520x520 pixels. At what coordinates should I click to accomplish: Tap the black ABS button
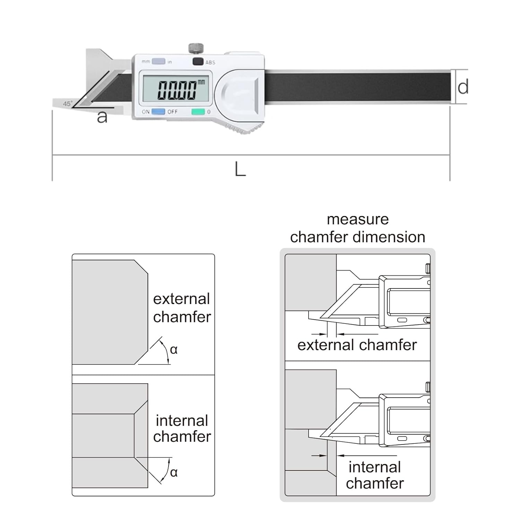point(198,62)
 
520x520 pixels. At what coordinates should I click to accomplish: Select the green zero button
point(198,112)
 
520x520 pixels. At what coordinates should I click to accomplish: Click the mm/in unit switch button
point(159,61)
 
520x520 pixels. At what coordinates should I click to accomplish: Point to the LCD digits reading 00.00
point(177,90)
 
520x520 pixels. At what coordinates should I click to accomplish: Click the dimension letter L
point(240,170)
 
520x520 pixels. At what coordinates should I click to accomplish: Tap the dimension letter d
point(463,87)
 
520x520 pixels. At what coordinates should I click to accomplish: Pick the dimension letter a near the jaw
point(102,117)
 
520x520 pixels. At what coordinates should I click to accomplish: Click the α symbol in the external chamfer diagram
point(174,349)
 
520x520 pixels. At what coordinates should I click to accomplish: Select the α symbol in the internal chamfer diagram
point(174,472)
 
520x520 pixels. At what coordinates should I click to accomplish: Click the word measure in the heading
point(357,219)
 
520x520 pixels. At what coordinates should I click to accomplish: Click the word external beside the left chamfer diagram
point(182,299)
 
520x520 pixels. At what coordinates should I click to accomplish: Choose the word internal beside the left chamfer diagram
point(182,421)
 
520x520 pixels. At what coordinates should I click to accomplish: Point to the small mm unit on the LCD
point(201,82)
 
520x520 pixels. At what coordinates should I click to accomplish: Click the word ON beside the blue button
point(146,112)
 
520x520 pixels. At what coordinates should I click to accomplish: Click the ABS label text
point(210,62)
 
